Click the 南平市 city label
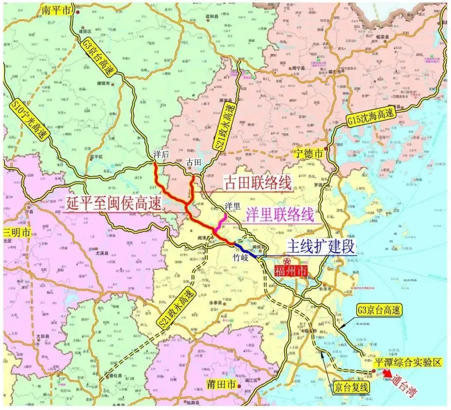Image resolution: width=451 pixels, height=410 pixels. (56, 10)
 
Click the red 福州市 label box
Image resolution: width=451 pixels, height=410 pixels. (291, 271)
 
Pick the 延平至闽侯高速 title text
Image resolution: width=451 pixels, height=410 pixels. (113, 203)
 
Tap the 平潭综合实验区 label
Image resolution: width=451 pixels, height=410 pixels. (408, 362)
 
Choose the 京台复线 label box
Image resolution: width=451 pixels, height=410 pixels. (352, 387)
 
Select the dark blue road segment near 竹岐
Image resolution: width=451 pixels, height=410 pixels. (248, 251)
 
